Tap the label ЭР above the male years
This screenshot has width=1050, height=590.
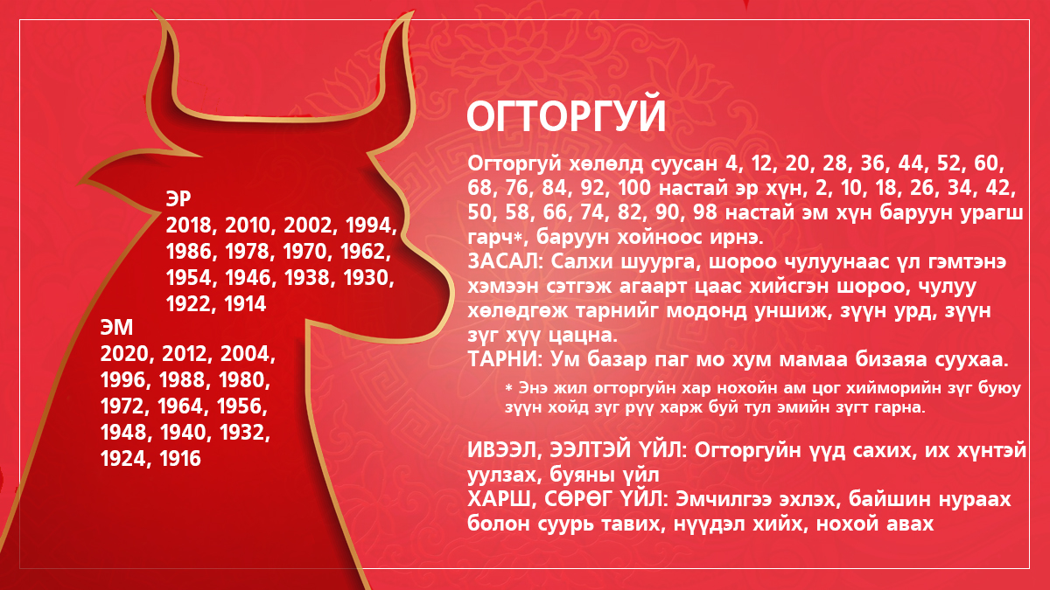(x=178, y=199)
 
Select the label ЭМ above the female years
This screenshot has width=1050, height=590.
(x=116, y=327)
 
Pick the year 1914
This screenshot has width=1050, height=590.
(x=245, y=304)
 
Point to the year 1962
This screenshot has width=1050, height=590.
(x=364, y=252)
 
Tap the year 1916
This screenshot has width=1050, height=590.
(x=180, y=458)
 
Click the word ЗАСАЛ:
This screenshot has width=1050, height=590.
(x=505, y=261)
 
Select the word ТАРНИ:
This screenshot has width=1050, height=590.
(x=505, y=359)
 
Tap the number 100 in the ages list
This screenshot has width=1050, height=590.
(x=634, y=188)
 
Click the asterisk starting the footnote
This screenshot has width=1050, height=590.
(x=508, y=388)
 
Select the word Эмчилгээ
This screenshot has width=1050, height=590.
(x=724, y=500)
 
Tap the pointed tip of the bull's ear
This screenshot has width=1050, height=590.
(x=80, y=182)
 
